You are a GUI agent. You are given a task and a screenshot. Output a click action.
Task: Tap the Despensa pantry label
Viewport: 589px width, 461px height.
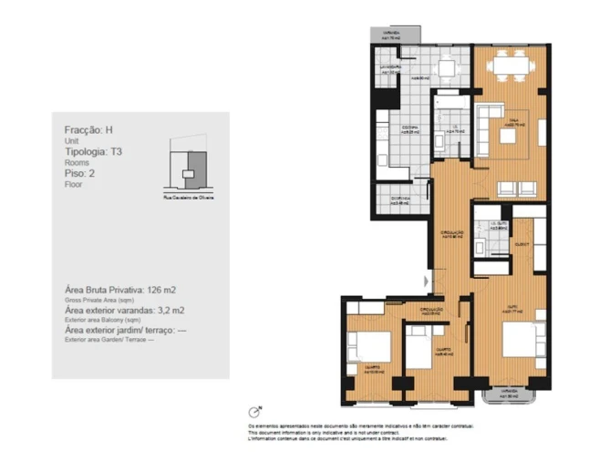400,200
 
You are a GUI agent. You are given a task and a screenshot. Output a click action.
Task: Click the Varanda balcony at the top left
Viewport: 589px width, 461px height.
389,36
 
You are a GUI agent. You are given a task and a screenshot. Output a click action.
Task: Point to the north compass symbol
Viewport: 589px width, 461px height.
254,412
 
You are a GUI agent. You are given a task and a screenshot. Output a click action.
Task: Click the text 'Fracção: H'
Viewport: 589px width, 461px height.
89,130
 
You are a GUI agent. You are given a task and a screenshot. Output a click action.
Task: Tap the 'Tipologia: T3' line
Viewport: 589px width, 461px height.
99,150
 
